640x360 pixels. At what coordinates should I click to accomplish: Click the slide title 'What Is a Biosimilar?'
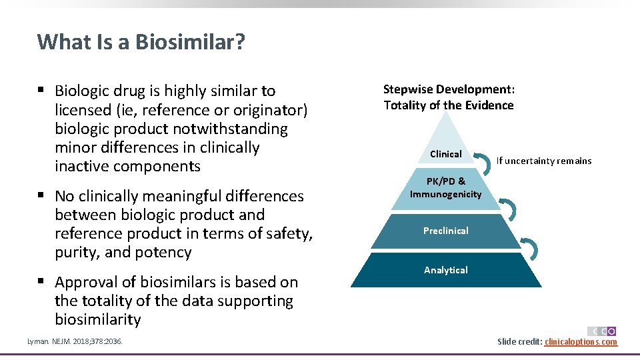[141, 42]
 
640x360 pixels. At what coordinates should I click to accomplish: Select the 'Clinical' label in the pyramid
[445, 154]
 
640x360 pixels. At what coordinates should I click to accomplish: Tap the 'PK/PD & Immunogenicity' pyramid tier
[445, 188]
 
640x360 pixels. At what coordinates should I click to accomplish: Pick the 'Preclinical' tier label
[445, 231]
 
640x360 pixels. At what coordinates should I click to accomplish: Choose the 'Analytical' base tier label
[445, 270]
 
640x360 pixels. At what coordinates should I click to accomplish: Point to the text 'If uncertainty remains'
[543, 161]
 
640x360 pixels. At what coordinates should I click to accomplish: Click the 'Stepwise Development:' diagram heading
[449, 89]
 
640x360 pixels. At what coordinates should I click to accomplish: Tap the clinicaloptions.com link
[581, 342]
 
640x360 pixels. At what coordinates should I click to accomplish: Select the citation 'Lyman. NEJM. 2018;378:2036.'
[75, 342]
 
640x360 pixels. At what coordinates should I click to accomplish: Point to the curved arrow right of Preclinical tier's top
[509, 209]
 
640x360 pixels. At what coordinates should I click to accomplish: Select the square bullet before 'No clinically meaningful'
[42, 196]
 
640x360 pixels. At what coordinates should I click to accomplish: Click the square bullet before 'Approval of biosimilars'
[42, 282]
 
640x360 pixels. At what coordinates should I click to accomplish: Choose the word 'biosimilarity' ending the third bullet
[98, 320]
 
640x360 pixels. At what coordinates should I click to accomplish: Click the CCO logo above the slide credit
[601, 331]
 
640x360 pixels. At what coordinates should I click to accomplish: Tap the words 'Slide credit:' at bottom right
[519, 342]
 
